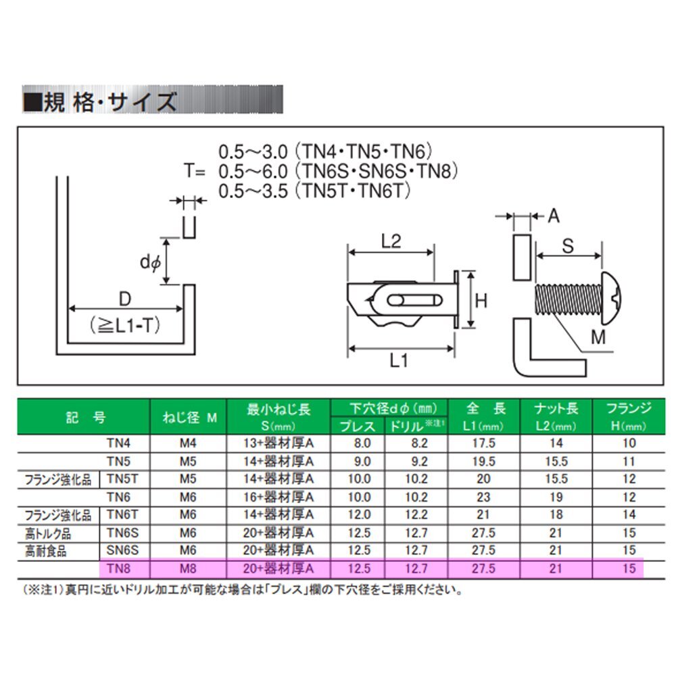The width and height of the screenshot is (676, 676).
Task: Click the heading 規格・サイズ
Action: click(101, 102)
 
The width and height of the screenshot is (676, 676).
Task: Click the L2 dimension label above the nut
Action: click(391, 240)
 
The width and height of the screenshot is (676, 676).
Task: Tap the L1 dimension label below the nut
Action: click(400, 362)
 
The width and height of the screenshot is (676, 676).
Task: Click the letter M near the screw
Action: click(598, 337)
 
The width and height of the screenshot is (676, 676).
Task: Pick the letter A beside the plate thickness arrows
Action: click(554, 216)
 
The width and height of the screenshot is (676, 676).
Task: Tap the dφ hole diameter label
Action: click(149, 261)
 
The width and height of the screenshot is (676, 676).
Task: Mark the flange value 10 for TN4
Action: click(629, 443)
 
